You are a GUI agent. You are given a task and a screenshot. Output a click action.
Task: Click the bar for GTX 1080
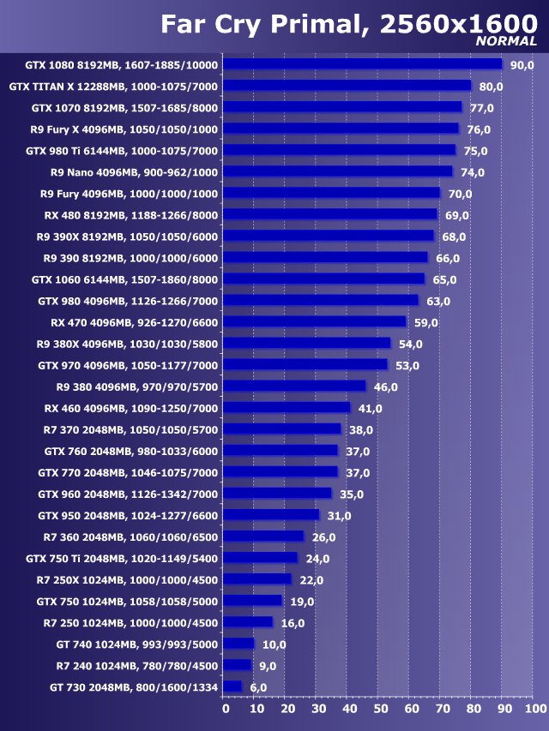pyautogui.click(x=363, y=64)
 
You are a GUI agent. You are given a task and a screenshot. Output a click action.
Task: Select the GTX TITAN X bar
pyautogui.click(x=347, y=86)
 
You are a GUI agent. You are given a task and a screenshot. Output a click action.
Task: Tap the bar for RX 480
pyautogui.click(x=330, y=214)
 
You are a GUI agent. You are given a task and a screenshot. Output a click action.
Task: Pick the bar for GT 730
pyautogui.click(x=233, y=686)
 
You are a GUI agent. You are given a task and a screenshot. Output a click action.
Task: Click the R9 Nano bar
pyautogui.click(x=338, y=171)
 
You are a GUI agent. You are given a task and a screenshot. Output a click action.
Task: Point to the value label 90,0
pyautogui.click(x=522, y=65)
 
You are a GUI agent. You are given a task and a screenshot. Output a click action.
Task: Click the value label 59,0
pyautogui.click(x=425, y=322)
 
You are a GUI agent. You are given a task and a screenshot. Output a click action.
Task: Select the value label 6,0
pyautogui.click(x=258, y=687)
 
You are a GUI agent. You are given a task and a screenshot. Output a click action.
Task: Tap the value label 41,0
pyautogui.click(x=371, y=409)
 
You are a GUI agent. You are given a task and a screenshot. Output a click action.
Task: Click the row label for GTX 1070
pyautogui.click(x=124, y=108)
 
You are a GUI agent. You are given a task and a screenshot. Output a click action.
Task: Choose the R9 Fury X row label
pyautogui.click(x=124, y=129)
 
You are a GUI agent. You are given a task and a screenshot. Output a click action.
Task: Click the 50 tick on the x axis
pyautogui.click(x=380, y=709)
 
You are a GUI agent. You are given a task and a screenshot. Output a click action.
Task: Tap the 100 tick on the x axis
pyautogui.click(x=534, y=709)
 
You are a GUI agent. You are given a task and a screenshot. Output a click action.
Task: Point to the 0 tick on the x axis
pyautogui.click(x=226, y=709)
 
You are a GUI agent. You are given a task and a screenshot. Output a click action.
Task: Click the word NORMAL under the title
pyautogui.click(x=506, y=40)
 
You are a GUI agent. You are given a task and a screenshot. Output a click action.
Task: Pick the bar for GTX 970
pyautogui.click(x=306, y=365)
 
